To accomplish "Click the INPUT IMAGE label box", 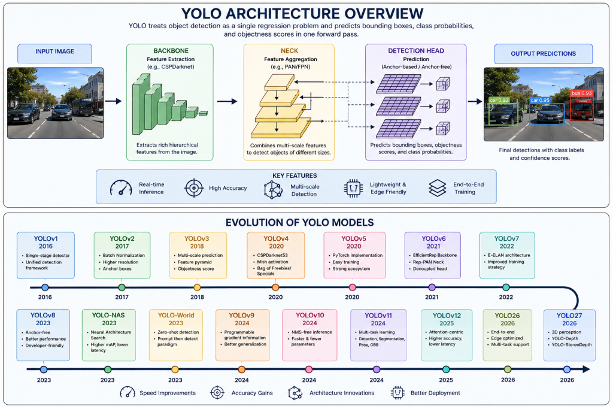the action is coord(54,53).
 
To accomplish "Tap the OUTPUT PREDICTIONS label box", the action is coord(544,53).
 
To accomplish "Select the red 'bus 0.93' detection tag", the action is coord(582,93).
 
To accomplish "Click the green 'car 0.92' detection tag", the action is coord(499,100).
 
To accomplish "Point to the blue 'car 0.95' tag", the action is coord(540,100).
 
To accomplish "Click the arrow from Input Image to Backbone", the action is coord(113,101).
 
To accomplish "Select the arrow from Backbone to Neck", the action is coord(227,101).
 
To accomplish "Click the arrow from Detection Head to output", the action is coord(475,101).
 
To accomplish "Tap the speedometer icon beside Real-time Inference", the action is coord(121,188).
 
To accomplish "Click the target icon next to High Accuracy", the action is coord(194,188).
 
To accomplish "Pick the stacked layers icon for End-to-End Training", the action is coord(437,188).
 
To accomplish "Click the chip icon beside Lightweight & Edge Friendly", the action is coord(353,189).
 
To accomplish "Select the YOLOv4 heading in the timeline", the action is coord(276,238).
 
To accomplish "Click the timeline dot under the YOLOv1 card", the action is coord(45,287).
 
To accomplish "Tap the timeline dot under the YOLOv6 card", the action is coord(432,287).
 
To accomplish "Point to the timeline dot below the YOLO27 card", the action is coord(567,369).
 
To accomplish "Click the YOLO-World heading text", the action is coord(176,315).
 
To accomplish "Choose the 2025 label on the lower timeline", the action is coord(446,380).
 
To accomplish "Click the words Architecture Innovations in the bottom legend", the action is coord(342,393).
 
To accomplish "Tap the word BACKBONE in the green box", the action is coord(171,51).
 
